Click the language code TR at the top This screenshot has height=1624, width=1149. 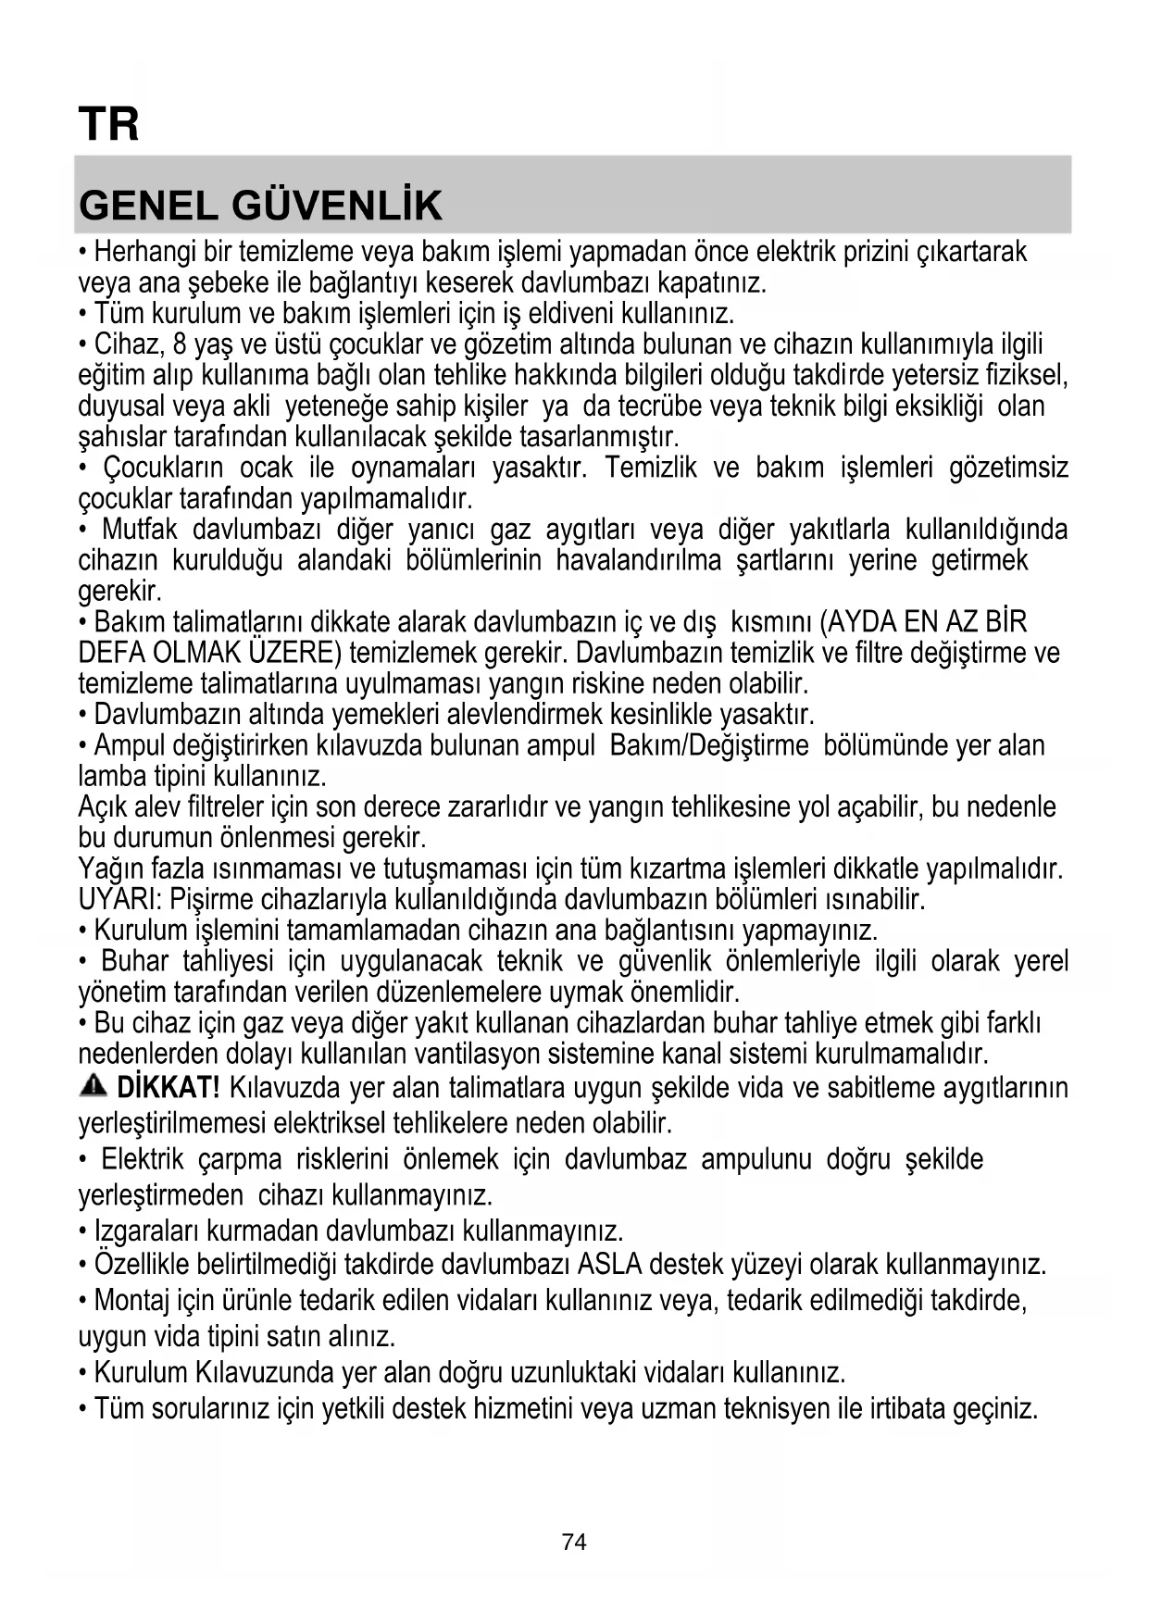(x=108, y=124)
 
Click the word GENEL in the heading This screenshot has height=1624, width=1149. (x=147, y=206)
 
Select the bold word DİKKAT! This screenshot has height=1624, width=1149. (x=169, y=1087)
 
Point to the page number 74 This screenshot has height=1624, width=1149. (x=574, y=1542)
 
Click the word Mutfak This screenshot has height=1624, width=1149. (x=140, y=530)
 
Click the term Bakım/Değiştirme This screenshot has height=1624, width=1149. (x=708, y=745)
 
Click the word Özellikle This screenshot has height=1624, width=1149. (x=141, y=1265)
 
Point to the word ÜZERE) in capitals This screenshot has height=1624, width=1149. (x=298, y=653)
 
